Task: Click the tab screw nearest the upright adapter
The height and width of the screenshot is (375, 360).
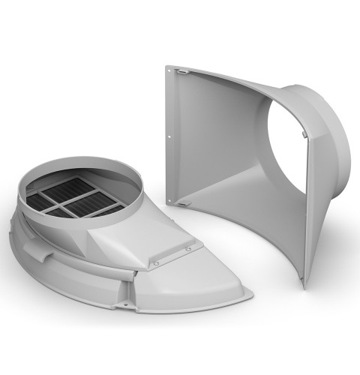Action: (x=189, y=248)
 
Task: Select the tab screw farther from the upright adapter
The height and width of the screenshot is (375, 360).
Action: (x=156, y=263)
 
